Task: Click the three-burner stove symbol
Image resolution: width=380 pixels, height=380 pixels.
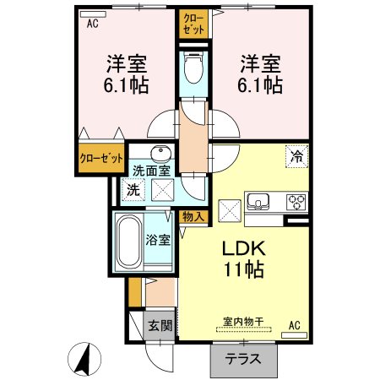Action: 297,202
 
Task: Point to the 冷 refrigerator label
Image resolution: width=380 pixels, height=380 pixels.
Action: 296,155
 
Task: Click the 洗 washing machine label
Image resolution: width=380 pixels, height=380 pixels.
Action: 132,190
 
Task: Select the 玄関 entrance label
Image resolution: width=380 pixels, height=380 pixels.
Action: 160,325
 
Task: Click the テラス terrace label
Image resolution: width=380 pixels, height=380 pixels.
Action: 242,358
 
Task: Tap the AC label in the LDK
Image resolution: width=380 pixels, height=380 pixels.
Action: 295,324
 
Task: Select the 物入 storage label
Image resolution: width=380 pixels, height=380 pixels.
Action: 193,216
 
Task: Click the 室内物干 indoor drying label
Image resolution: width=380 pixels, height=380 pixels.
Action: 243,322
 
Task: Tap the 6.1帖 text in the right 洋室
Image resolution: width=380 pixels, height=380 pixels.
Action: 260,84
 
